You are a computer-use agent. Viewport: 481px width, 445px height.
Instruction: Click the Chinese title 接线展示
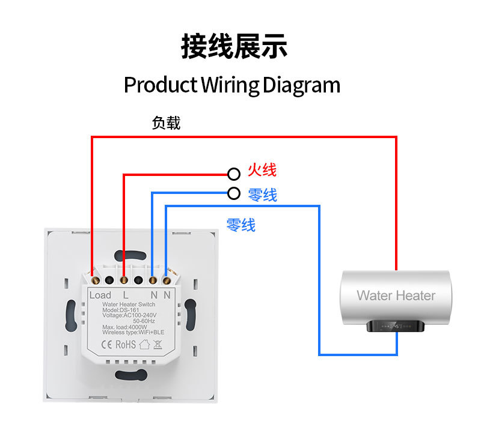(234, 47)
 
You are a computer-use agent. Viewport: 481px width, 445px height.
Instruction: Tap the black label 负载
(166, 123)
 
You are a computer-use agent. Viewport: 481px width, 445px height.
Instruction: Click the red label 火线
(262, 171)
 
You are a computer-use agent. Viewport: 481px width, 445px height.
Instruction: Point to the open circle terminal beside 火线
(234, 174)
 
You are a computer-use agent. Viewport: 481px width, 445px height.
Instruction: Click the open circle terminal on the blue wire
(234, 193)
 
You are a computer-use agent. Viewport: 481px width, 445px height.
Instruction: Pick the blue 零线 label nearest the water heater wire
(241, 225)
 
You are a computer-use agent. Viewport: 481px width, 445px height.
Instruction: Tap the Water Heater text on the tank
(396, 295)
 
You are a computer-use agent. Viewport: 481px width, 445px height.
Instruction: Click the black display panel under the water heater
(396, 327)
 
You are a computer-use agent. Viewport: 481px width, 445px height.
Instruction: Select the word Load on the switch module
(100, 295)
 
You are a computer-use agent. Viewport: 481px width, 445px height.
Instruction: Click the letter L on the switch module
(126, 295)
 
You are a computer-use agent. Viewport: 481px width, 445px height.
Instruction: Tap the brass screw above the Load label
(95, 279)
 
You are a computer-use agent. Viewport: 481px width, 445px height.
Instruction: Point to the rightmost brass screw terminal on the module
(168, 279)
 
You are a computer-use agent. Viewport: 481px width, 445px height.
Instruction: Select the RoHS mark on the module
(126, 344)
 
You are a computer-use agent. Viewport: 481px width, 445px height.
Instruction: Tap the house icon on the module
(144, 344)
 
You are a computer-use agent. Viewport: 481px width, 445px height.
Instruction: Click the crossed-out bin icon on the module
(158, 344)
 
